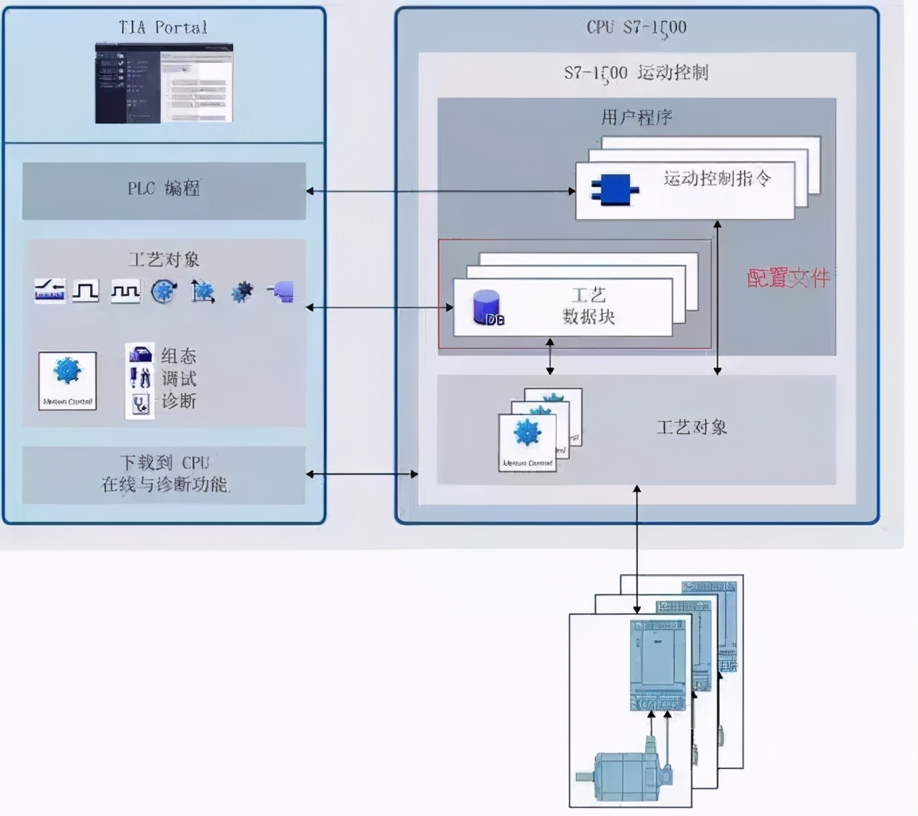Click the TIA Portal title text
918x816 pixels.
point(163,28)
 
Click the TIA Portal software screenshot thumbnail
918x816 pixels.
point(165,82)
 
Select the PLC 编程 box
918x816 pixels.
point(164,190)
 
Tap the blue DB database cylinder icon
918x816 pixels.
point(486,307)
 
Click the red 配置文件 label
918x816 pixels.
point(787,277)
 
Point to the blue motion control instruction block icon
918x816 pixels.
point(614,190)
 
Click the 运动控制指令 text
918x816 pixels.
point(717,178)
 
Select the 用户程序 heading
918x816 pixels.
point(636,117)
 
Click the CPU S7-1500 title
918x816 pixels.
point(636,28)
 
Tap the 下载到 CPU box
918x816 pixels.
point(164,474)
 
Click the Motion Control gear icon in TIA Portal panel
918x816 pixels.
point(67,380)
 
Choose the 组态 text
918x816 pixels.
point(178,356)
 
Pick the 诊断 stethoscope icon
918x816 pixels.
point(140,403)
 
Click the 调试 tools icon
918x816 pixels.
point(140,378)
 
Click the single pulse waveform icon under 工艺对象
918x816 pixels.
point(86,291)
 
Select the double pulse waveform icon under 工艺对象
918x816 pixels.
point(125,291)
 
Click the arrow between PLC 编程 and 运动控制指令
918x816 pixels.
point(440,191)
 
